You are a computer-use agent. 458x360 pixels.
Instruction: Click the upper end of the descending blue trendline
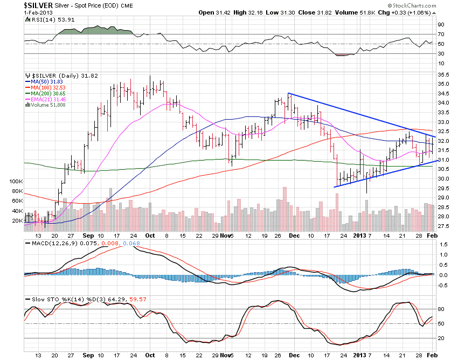288,94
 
